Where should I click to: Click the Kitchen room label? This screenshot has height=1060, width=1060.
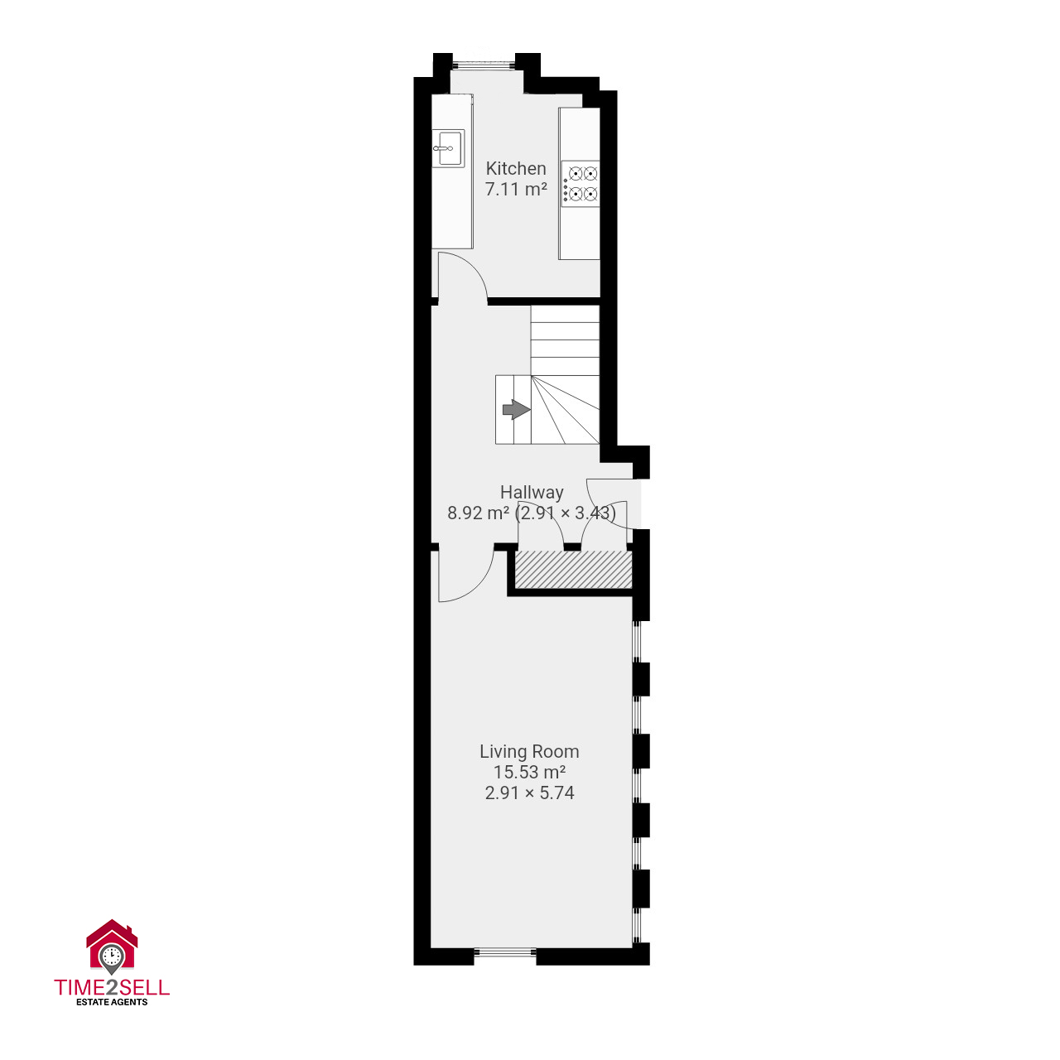(x=515, y=168)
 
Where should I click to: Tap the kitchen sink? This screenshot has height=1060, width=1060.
(x=448, y=148)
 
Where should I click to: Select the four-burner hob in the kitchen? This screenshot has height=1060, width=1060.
(x=581, y=184)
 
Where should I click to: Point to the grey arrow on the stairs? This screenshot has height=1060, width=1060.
(x=516, y=409)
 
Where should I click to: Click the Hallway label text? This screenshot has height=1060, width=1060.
(x=532, y=492)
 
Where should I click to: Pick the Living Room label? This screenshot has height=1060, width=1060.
(x=529, y=751)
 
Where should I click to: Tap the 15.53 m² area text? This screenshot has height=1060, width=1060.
(x=529, y=772)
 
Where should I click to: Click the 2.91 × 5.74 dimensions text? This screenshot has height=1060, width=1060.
(x=529, y=793)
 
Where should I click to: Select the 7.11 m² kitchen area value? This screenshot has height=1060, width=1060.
(x=515, y=190)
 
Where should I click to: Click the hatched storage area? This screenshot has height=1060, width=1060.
(x=572, y=569)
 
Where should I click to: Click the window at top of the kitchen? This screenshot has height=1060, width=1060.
(x=484, y=65)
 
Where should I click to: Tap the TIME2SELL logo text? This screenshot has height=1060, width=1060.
(x=112, y=987)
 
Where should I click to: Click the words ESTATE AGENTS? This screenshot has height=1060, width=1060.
(x=112, y=1002)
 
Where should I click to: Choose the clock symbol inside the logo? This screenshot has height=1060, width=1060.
(x=112, y=954)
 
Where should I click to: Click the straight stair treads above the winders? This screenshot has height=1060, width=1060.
(x=565, y=340)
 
